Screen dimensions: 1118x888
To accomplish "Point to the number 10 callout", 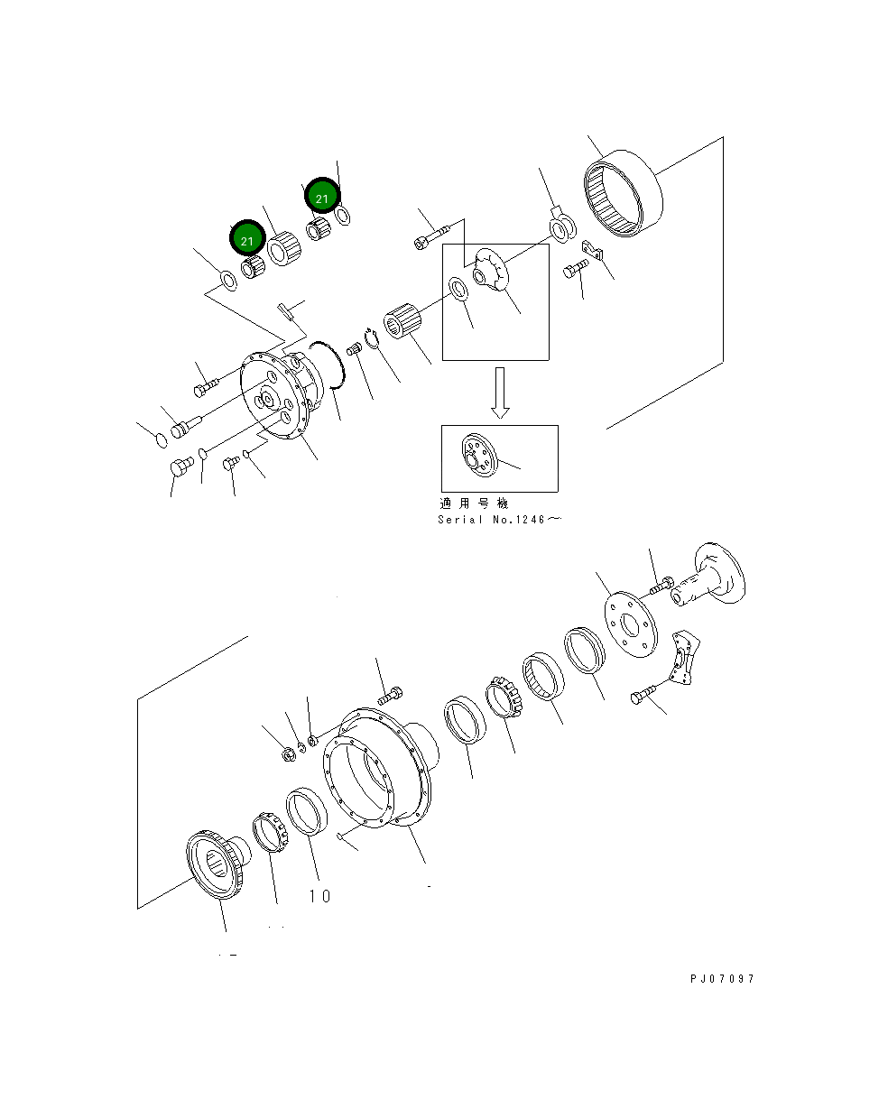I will point(319,896).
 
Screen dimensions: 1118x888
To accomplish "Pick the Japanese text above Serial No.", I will point(474,504).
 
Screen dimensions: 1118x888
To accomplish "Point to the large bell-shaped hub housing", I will point(379,767).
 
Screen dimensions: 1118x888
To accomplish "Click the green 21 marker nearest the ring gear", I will point(322,195).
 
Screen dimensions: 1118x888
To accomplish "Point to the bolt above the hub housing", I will point(391,696).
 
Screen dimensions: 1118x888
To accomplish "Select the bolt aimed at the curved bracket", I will point(641,697).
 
